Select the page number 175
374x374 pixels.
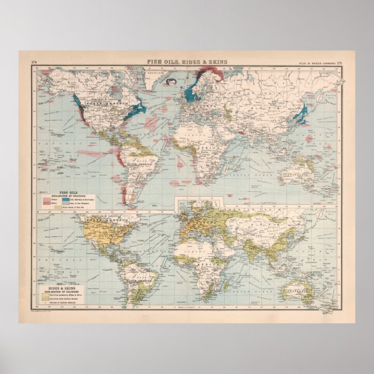click(x=336, y=61)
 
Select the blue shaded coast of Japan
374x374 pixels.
click(x=300, y=116)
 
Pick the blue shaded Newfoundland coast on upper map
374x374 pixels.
click(x=138, y=107)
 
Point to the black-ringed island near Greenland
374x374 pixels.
click(x=171, y=82)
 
